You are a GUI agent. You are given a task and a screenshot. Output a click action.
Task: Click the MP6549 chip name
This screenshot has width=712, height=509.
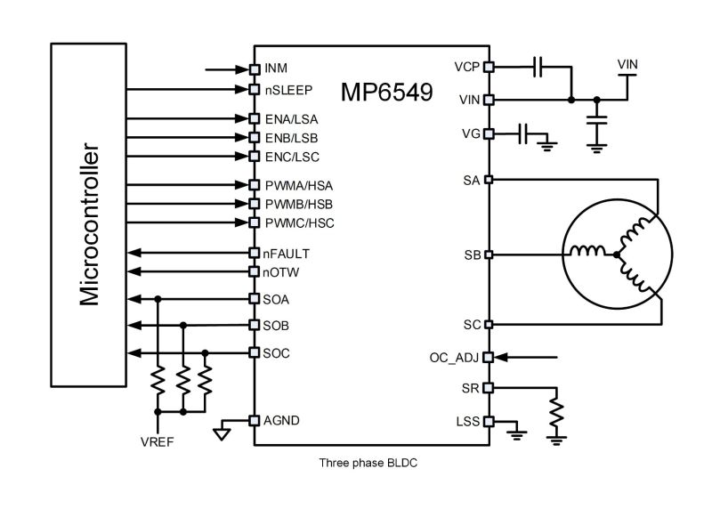[387, 93]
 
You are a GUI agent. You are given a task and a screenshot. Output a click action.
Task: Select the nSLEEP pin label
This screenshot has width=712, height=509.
[287, 89]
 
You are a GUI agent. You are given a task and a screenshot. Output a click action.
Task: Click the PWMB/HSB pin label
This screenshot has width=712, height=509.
[292, 204]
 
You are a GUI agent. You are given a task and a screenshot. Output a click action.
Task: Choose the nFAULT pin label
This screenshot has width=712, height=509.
[287, 254]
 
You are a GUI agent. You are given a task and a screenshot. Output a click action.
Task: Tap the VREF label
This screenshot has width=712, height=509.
[158, 441]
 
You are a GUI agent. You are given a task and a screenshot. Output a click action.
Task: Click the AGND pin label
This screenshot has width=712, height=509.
[281, 421]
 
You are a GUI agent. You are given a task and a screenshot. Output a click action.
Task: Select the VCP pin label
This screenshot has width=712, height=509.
[466, 67]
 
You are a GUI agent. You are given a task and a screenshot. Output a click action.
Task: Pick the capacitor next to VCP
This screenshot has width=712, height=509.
[537, 67]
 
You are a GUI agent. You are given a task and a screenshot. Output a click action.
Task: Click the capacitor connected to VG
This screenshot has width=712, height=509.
[524, 135]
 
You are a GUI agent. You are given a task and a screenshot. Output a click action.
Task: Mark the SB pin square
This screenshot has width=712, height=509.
[488, 254]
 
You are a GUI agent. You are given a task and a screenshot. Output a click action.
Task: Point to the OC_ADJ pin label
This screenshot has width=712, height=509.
[454, 358]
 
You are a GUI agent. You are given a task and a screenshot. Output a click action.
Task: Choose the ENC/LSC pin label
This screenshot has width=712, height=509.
[292, 157]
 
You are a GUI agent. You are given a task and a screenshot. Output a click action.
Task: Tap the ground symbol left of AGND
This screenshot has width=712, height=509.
[222, 435]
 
